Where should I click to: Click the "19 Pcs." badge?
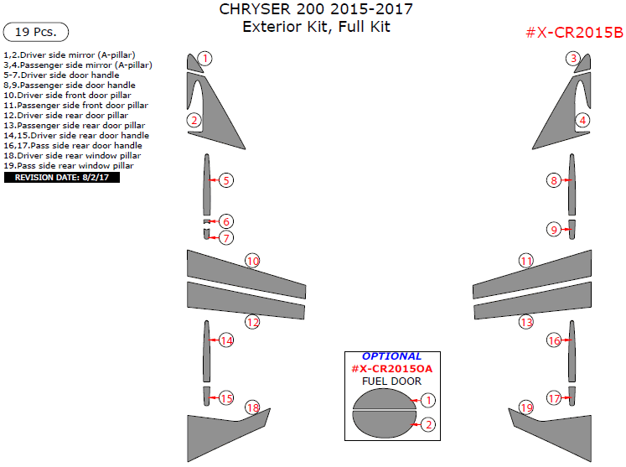36,33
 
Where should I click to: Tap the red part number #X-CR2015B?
573,33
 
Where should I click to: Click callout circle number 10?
252,261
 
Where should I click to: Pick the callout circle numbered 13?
525,322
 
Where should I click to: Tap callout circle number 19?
525,407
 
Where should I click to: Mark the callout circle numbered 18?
252,407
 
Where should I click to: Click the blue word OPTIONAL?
391,356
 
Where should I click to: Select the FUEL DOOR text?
391,381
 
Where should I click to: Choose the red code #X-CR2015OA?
391,369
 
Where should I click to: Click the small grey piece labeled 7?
206,234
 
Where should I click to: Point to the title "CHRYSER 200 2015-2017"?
315,10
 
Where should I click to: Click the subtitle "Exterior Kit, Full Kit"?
316,27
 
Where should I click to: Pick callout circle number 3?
572,59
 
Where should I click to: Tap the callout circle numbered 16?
554,340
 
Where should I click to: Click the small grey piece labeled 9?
572,228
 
